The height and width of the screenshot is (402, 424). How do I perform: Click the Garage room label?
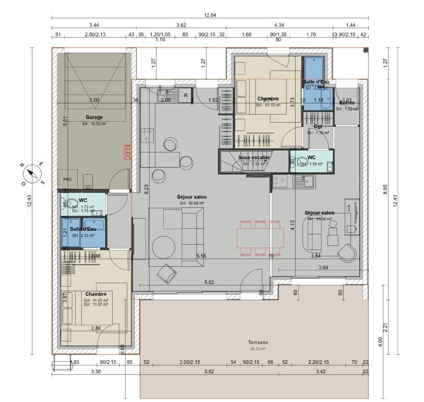[x=94, y=117]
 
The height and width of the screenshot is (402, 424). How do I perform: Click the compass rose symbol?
[x=32, y=173]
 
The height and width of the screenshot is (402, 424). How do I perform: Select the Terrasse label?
[x=258, y=342]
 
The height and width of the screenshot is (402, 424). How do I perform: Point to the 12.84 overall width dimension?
[x=210, y=16]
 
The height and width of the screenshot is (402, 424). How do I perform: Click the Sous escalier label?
[x=254, y=157]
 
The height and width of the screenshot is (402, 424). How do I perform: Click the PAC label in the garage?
[x=67, y=179]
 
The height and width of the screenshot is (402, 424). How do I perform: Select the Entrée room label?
[x=347, y=103]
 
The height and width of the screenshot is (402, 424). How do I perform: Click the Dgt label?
[x=318, y=126]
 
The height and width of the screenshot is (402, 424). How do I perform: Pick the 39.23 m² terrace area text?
[x=258, y=349]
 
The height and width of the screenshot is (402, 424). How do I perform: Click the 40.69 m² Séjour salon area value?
[x=192, y=203]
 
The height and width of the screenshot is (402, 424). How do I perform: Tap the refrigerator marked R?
[x=186, y=95]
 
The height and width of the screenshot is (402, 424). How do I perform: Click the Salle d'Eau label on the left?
[x=83, y=229]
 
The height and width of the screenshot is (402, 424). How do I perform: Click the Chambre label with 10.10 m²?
[x=268, y=99]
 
